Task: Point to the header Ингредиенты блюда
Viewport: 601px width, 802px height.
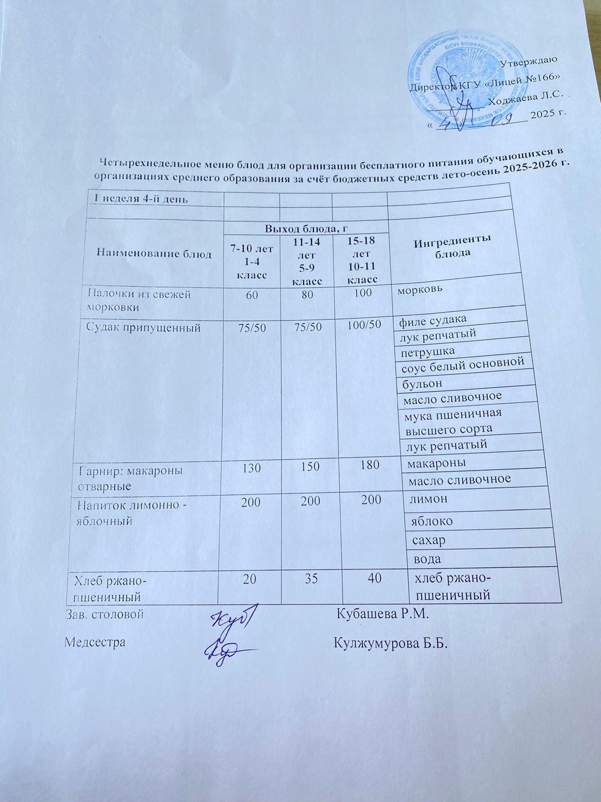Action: [452, 246]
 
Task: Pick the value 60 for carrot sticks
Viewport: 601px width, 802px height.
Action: [252, 295]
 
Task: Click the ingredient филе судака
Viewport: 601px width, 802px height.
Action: [433, 319]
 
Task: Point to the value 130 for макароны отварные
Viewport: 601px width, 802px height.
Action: [250, 468]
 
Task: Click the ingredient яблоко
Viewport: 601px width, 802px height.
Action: [432, 521]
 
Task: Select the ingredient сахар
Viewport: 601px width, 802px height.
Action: [428, 540]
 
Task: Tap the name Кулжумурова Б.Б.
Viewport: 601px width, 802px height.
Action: [390, 643]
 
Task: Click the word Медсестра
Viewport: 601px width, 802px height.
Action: [95, 642]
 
